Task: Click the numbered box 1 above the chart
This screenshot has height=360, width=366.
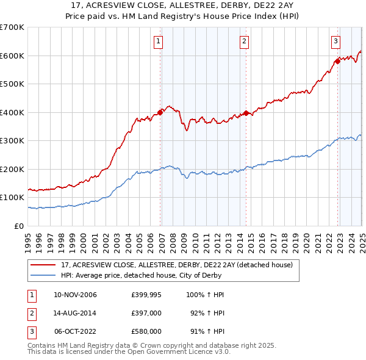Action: [x=158, y=41]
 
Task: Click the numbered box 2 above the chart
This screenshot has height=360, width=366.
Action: [x=244, y=41]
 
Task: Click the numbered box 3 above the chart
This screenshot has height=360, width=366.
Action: [x=335, y=41]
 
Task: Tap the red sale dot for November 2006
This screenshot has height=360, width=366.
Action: [x=160, y=112]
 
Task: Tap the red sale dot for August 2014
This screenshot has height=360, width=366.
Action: [x=246, y=113]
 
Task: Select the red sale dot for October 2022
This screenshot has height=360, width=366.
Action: [x=337, y=61]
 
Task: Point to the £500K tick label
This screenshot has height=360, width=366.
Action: [x=12, y=84]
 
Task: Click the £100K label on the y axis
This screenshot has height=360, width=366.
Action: [x=12, y=198]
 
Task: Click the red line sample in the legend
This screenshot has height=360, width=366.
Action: [x=43, y=265]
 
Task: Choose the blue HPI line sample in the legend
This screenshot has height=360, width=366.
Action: [x=43, y=275]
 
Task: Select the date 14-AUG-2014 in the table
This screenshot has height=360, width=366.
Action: [x=76, y=313]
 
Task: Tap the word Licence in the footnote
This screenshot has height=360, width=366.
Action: [x=189, y=352]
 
